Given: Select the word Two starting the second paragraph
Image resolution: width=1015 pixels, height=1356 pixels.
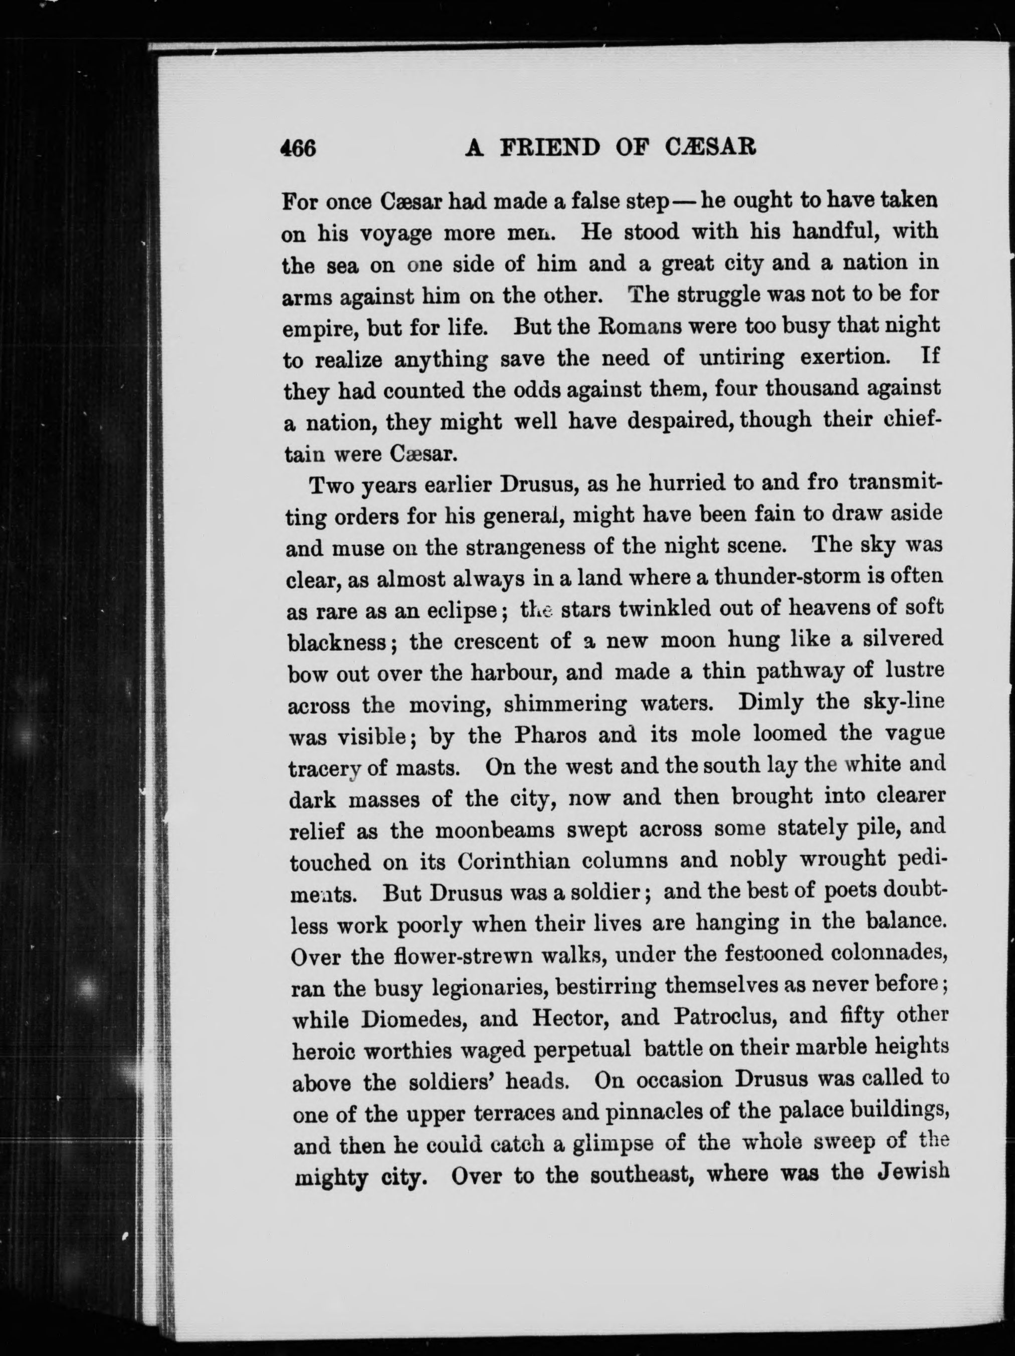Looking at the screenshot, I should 331,486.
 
